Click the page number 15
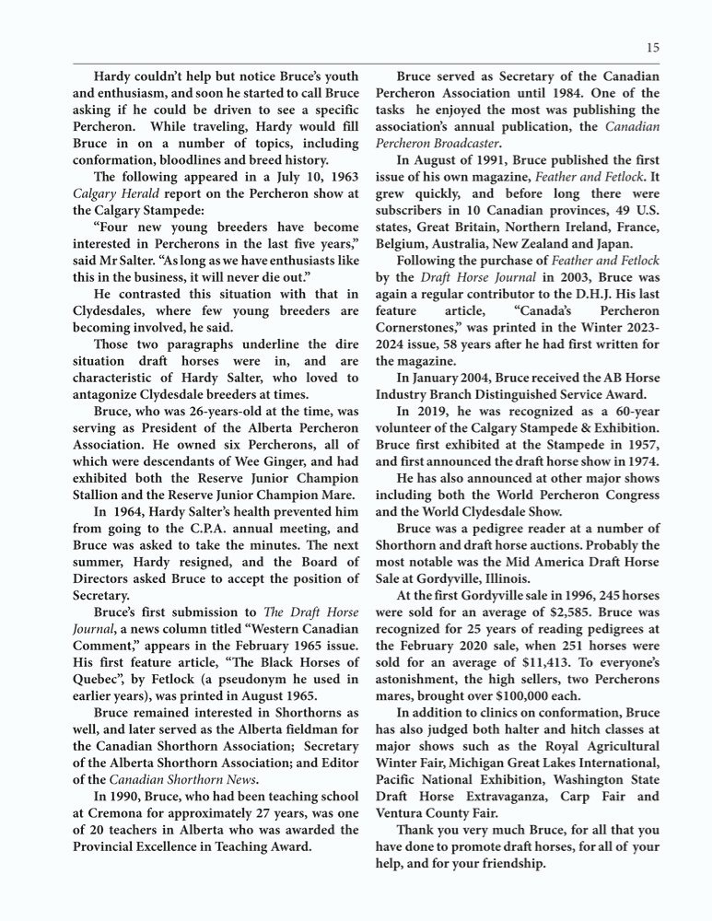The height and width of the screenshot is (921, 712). coord(652,48)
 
